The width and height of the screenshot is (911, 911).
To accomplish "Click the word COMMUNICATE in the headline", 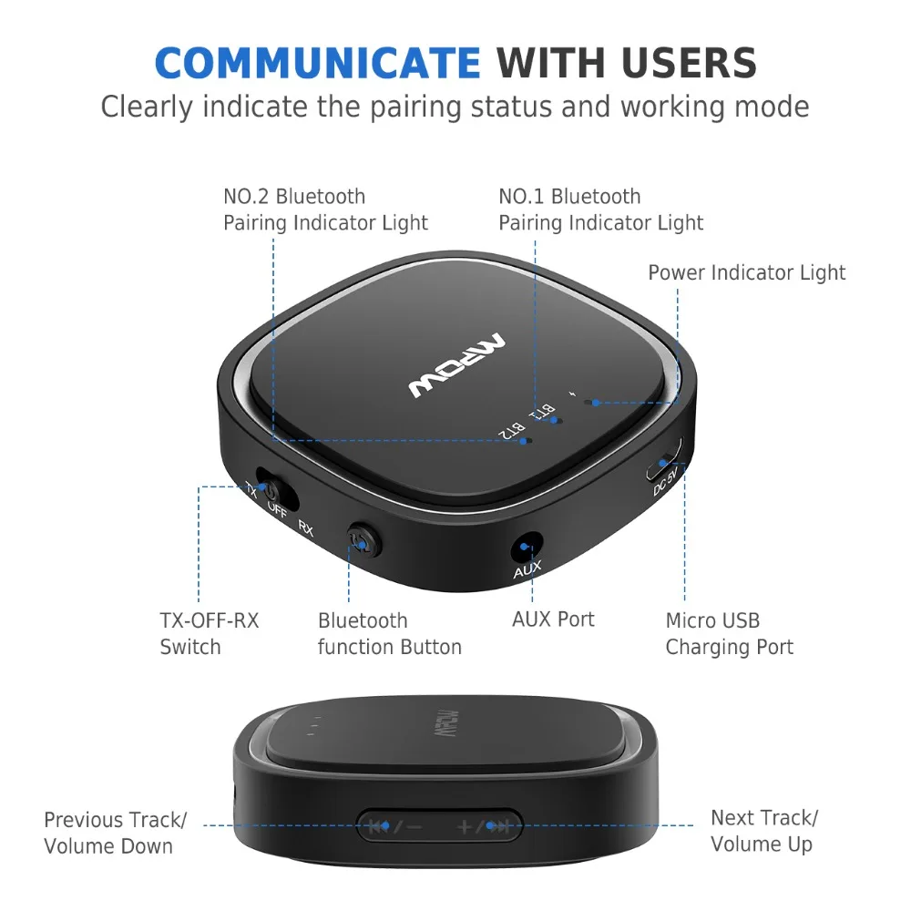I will [317, 63].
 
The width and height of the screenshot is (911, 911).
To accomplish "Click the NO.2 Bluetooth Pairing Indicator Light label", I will [325, 210].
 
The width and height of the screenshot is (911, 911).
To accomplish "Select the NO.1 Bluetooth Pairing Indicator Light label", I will [600, 210].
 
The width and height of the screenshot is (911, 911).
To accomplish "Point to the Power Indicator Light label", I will [746, 272].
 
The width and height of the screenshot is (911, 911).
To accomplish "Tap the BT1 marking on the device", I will [543, 413].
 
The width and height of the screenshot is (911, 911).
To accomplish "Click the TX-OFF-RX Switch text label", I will [210, 634].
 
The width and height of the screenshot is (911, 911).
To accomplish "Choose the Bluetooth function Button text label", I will [389, 634].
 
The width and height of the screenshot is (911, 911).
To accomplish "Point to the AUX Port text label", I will [553, 619].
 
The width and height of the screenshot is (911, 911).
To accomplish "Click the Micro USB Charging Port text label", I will [729, 634].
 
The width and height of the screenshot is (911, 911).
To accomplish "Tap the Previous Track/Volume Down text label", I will [115, 833].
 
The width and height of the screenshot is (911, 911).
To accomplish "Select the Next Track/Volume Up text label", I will [764, 831].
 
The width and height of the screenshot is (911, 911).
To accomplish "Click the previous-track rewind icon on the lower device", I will [377, 827].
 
